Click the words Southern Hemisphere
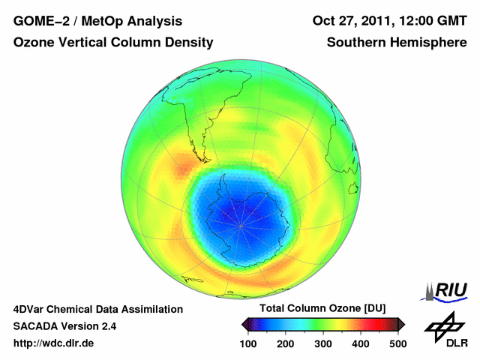(x=397, y=43)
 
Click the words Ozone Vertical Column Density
(x=113, y=43)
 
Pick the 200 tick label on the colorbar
(x=285, y=343)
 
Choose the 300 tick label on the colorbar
(x=322, y=343)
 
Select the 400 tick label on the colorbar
(x=360, y=343)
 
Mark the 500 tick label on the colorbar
(x=397, y=343)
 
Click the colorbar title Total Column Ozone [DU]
(x=322, y=309)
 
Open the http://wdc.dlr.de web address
(x=54, y=343)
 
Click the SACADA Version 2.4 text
(x=64, y=326)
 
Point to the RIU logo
(x=445, y=291)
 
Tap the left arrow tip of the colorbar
(x=244, y=324)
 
